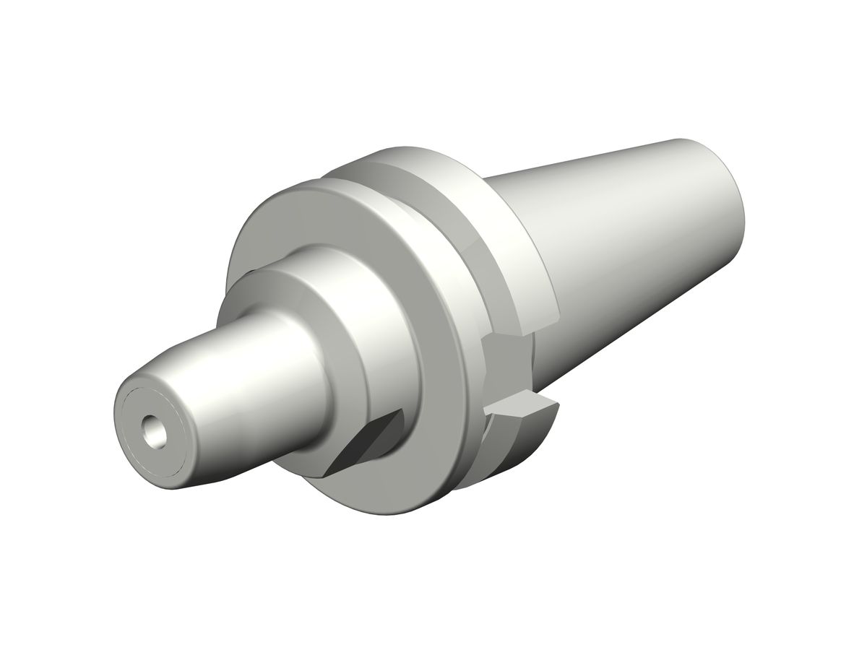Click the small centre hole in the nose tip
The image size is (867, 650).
coord(153,432)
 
